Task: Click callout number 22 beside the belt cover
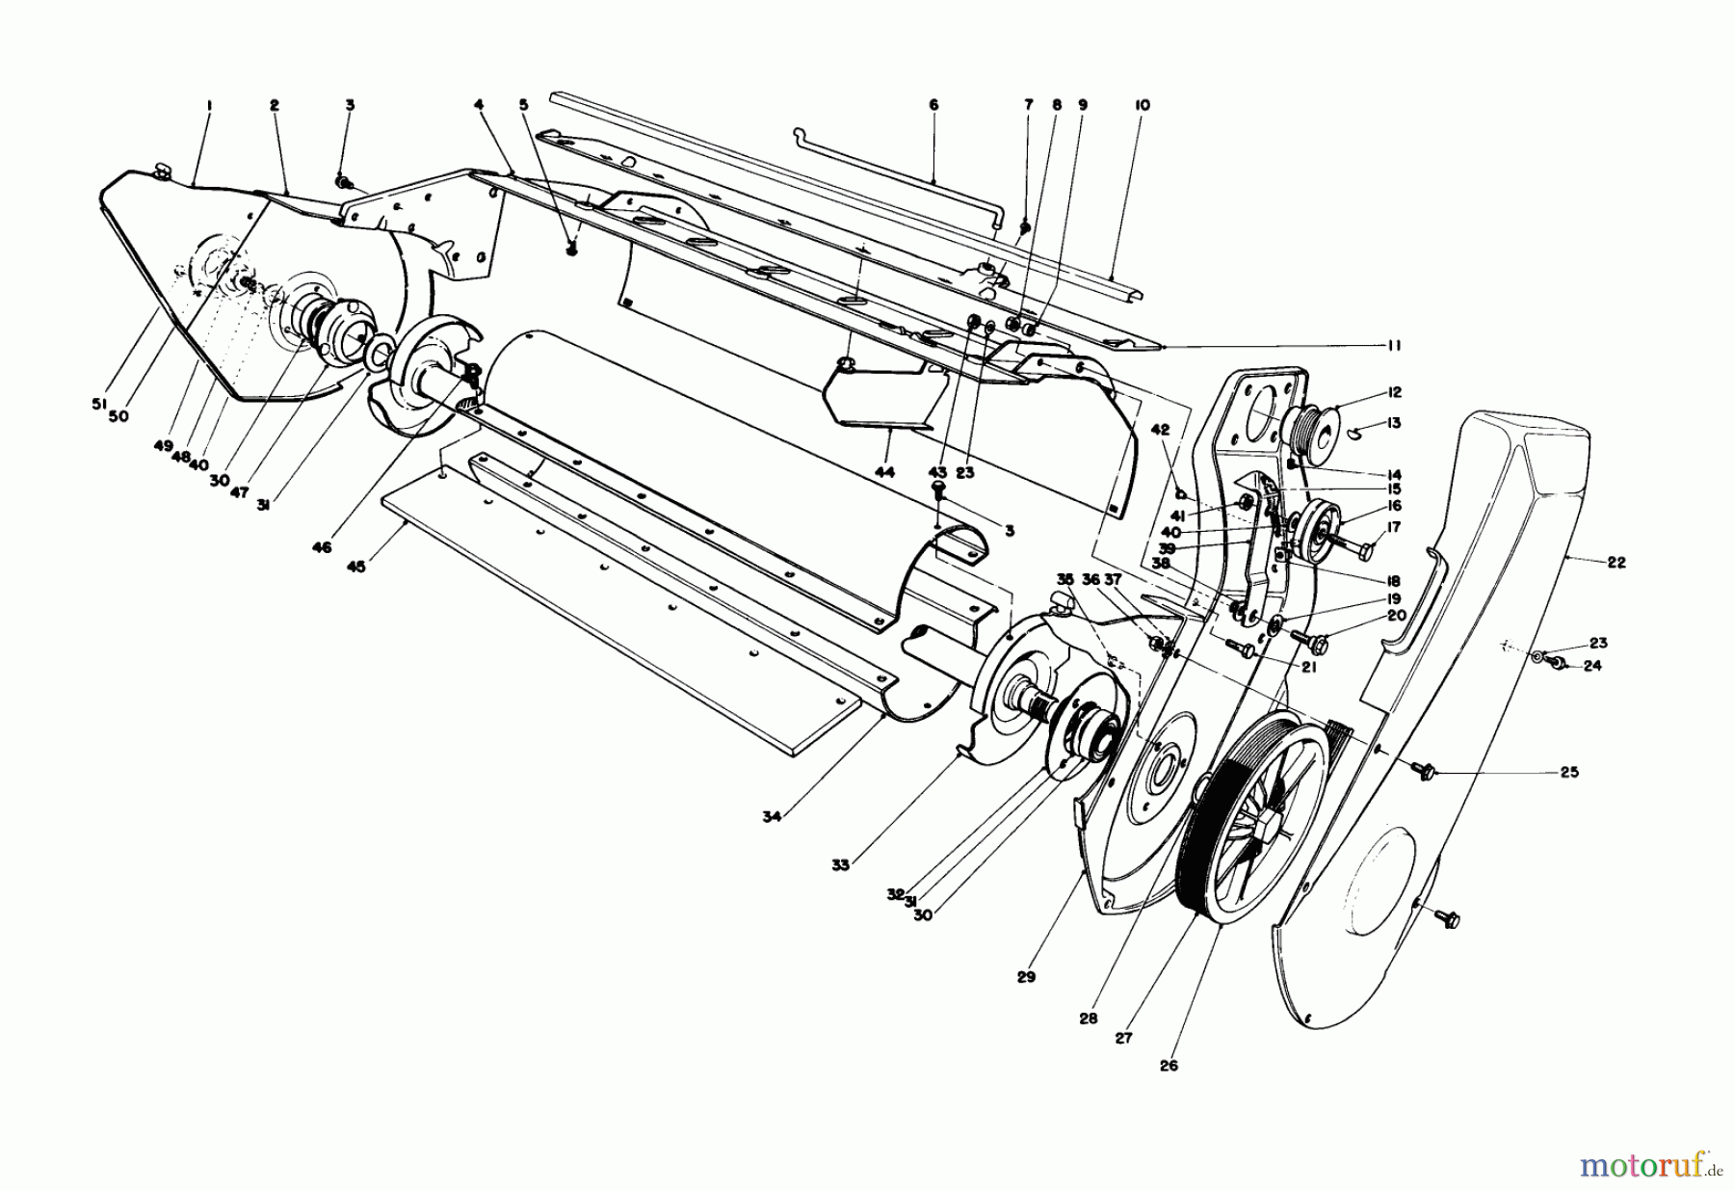tap(1616, 563)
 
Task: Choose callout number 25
tap(1569, 772)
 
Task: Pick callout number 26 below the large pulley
tap(1169, 1066)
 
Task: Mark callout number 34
tap(771, 817)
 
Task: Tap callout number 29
tap(1025, 977)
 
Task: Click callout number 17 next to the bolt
tap(1394, 527)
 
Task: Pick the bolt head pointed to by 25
tap(1424, 769)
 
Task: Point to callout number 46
tap(321, 547)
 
